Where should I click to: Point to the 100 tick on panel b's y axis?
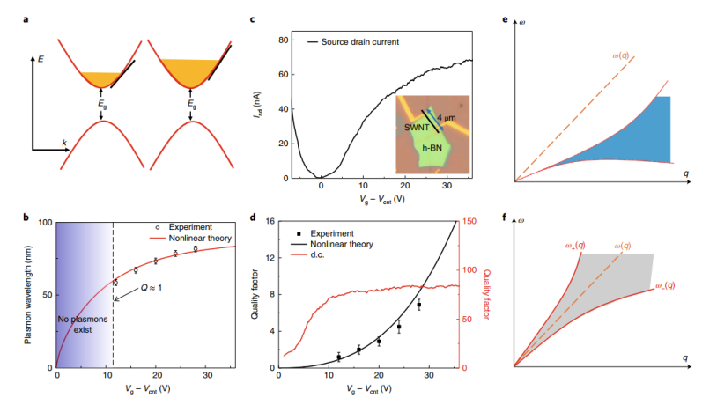[x=45, y=222]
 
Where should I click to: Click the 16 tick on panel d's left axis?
[x=270, y=222]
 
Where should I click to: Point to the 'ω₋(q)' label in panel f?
[x=666, y=285]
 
